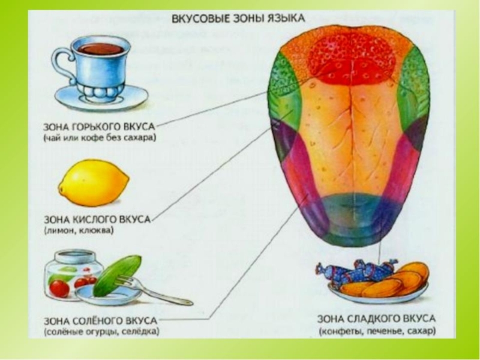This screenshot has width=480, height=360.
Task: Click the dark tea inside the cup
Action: click(x=101, y=48)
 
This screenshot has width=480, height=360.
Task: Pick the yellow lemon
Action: click(x=94, y=182)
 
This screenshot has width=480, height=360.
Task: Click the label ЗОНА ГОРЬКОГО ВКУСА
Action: click(x=100, y=127)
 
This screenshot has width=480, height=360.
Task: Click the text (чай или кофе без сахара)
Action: click(x=99, y=139)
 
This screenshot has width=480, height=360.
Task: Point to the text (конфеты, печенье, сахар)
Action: click(x=377, y=331)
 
